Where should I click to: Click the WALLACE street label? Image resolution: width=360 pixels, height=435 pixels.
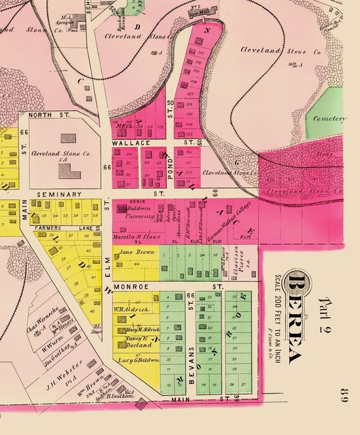click(128, 145)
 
